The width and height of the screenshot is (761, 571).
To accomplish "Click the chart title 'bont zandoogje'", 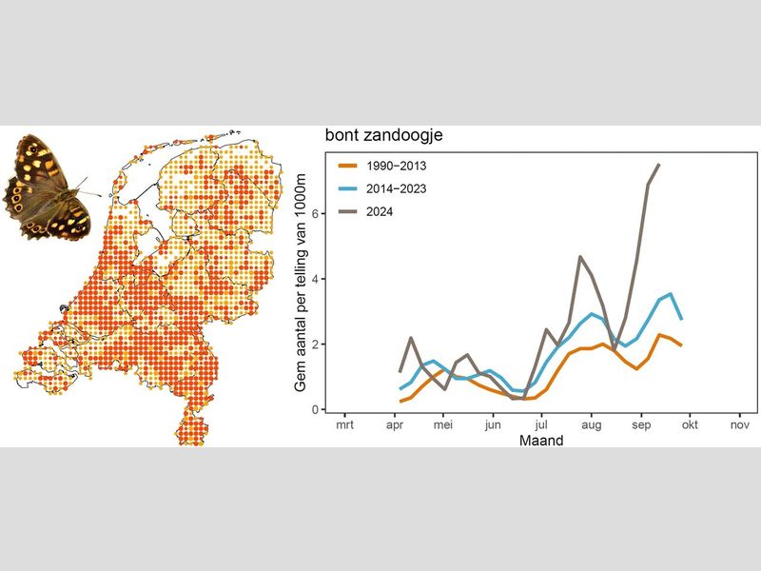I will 383,136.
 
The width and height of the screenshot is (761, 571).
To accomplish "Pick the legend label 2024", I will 381,211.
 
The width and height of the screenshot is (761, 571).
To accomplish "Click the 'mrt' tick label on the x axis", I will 344,427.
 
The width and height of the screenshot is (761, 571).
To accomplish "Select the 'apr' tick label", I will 395,427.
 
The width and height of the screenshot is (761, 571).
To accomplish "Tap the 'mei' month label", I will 443,427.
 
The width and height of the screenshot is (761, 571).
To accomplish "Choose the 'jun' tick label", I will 493,427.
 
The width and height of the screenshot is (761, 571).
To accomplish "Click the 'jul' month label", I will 541,427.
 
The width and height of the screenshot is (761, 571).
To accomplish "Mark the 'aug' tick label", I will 592,427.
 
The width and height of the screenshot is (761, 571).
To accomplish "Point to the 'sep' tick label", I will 641,427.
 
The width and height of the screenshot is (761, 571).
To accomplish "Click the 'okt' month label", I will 691,427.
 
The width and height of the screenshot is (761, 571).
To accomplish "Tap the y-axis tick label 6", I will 315,213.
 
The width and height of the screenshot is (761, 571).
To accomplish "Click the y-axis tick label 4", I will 315,279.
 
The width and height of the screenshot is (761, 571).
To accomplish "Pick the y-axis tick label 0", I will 315,409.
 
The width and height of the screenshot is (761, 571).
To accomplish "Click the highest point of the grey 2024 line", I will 659,165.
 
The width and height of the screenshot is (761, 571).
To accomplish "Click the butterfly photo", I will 49,186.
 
